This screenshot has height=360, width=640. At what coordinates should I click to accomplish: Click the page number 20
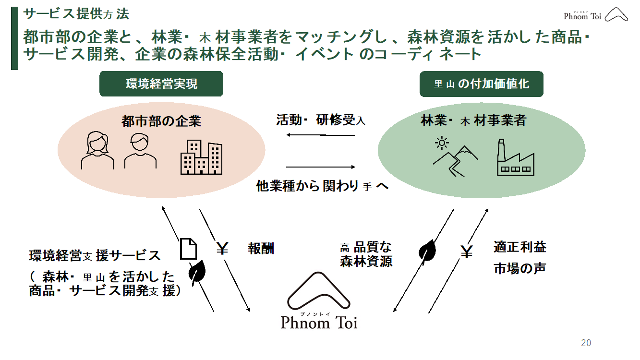(586, 343)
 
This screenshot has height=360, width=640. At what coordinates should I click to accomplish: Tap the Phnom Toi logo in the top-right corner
(596, 15)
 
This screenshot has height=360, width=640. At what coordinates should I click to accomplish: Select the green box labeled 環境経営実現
(161, 84)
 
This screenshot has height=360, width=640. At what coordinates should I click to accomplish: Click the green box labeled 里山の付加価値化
(482, 84)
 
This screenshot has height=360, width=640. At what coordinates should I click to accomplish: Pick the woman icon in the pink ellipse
(97, 151)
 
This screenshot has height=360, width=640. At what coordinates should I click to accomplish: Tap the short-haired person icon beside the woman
(140, 151)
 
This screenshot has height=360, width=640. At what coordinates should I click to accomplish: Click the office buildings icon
(201, 157)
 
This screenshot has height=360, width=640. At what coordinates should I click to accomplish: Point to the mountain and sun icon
(454, 156)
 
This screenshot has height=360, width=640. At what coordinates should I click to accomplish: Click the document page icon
(188, 248)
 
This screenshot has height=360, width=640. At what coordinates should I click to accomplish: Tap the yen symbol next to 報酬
(222, 248)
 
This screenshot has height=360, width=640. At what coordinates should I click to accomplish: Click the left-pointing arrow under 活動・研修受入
(320, 135)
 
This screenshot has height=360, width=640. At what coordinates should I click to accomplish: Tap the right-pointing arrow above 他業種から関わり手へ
(320, 167)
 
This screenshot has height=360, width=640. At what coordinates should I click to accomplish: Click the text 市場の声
(519, 268)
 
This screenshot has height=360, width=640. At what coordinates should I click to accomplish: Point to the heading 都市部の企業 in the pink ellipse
(161, 121)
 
